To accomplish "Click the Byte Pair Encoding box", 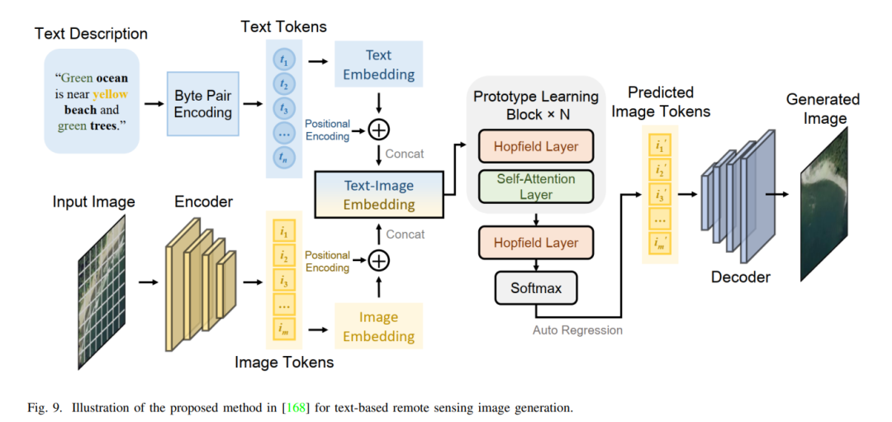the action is [x=202, y=103].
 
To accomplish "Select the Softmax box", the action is [x=536, y=287].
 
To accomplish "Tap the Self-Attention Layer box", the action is [x=536, y=186].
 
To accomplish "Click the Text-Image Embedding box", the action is [x=379, y=195].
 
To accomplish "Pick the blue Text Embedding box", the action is [x=378, y=64].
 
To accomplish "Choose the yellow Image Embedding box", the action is [x=378, y=326].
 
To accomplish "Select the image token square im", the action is [x=284, y=328].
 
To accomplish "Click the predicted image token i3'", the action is [x=659, y=195].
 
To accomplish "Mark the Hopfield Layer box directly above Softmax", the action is [x=536, y=244].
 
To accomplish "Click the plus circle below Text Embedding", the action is [x=378, y=130].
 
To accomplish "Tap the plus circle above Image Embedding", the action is [x=378, y=260].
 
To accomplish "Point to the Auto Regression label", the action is [x=577, y=330].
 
